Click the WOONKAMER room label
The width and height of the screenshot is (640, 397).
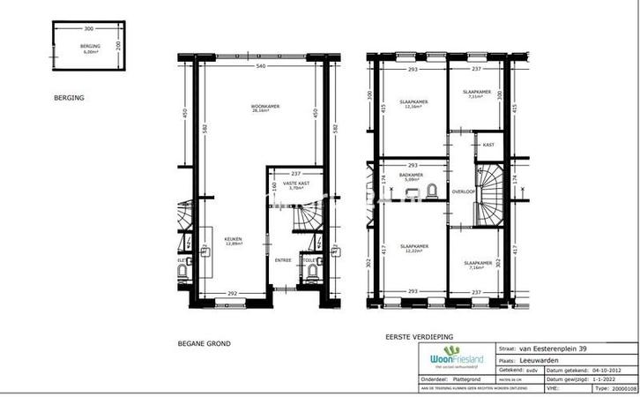click(265, 106)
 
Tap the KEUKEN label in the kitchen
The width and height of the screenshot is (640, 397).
click(232, 239)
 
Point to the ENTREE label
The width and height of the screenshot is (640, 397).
click(283, 260)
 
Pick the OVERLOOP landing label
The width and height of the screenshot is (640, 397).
click(463, 191)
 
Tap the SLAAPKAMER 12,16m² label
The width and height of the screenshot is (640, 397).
click(413, 103)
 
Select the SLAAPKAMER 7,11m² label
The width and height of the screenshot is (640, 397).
click(476, 93)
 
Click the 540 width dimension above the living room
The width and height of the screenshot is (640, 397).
click(261, 66)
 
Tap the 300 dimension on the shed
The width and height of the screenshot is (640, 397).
click(89, 29)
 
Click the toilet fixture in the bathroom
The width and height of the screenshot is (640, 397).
click(431, 191)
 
